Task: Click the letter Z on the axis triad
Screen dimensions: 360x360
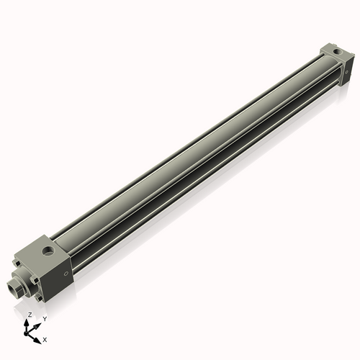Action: click(x=30, y=315)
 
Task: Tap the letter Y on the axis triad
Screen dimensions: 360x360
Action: click(x=45, y=319)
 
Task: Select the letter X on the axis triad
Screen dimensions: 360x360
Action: click(x=45, y=338)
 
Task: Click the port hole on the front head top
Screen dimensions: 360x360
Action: click(x=48, y=252)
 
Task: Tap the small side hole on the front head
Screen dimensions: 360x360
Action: click(x=67, y=274)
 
